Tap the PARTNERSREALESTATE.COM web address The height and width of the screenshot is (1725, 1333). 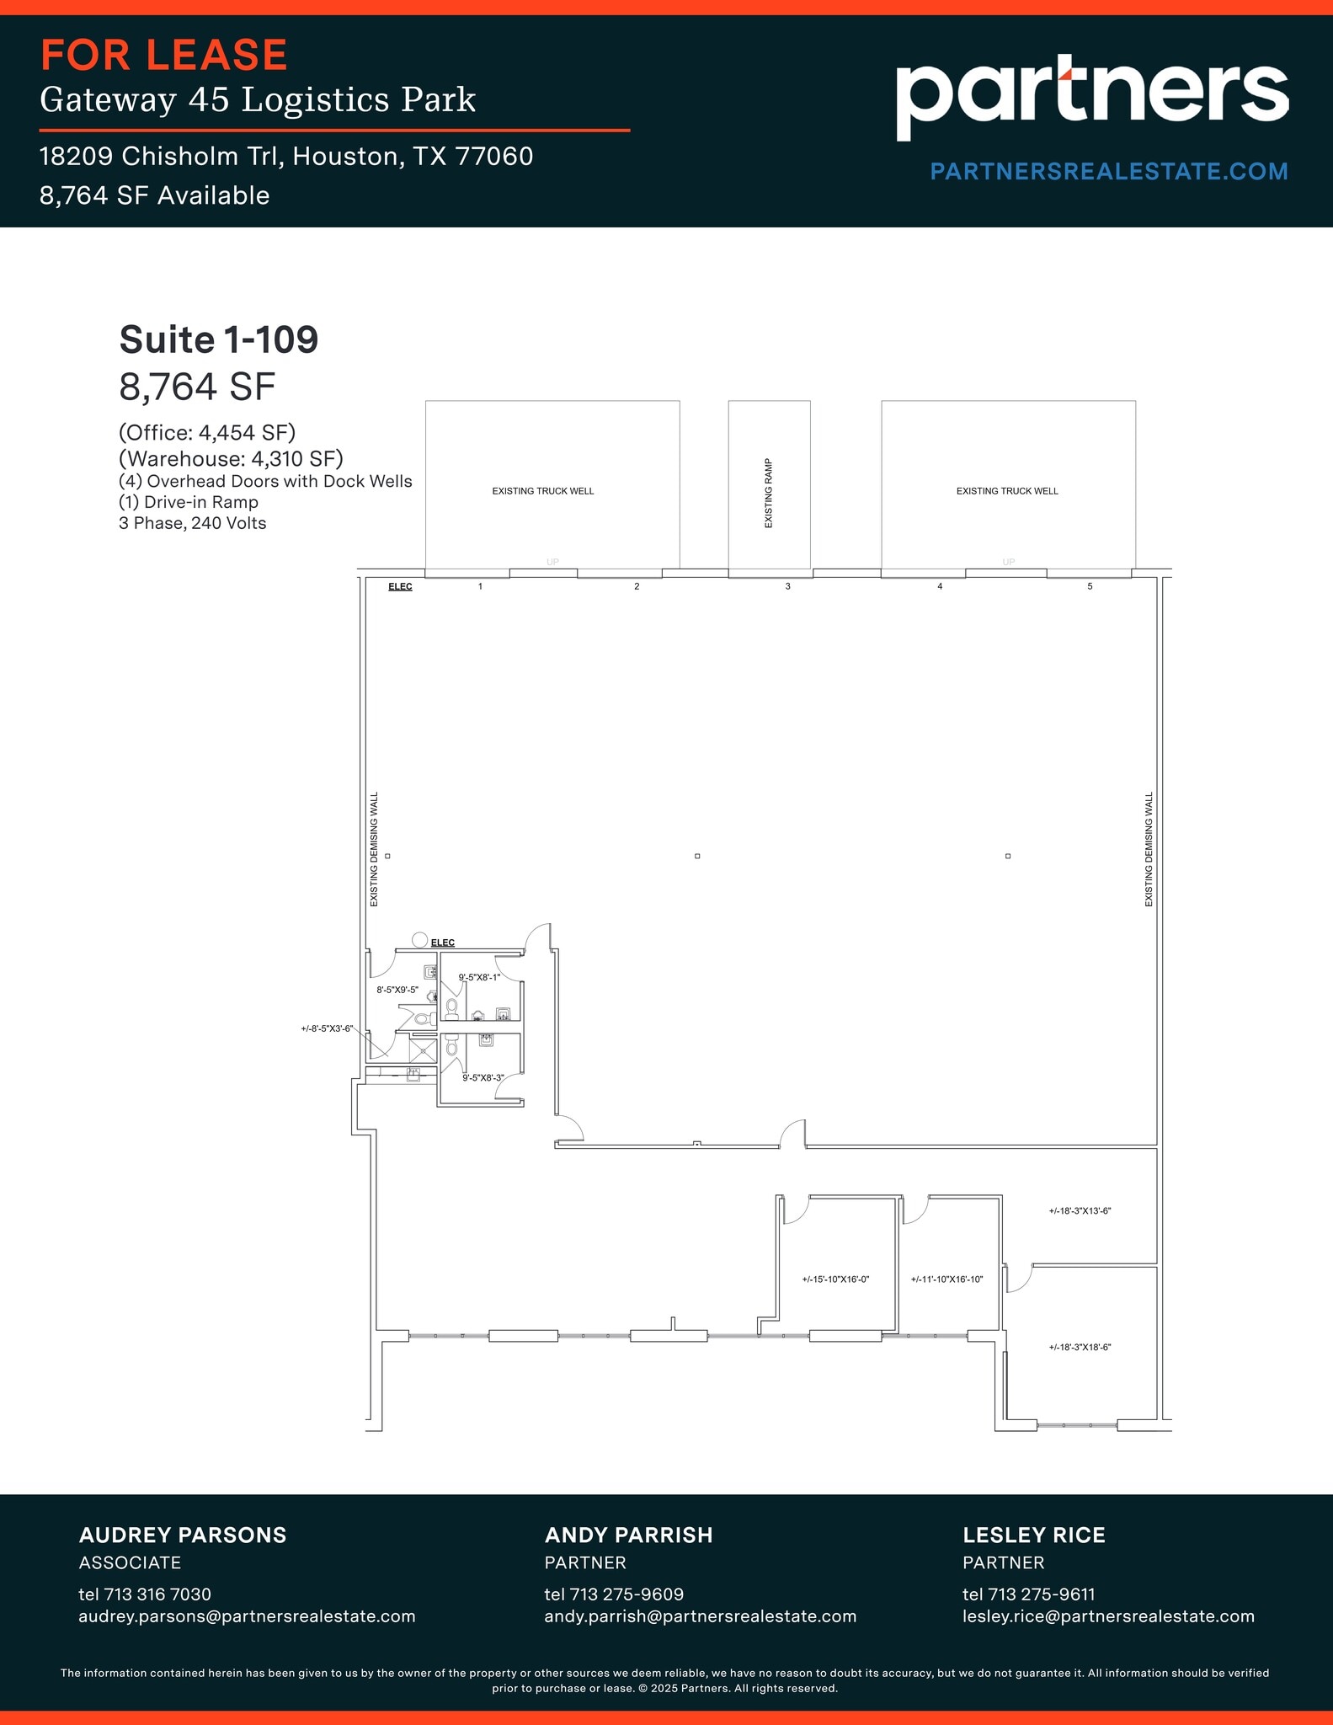pyautogui.click(x=1108, y=172)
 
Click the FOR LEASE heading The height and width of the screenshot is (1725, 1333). pyautogui.click(x=164, y=56)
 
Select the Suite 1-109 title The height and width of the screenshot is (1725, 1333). pyautogui.click(x=219, y=340)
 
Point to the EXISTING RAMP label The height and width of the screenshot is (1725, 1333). pyautogui.click(x=768, y=494)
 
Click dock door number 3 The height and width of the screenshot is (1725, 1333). pyautogui.click(x=787, y=586)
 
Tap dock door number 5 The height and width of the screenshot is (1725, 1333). pyautogui.click(x=1090, y=586)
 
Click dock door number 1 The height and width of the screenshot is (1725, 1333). pyautogui.click(x=480, y=586)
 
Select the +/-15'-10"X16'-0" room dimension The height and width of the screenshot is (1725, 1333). pyautogui.click(x=834, y=1279)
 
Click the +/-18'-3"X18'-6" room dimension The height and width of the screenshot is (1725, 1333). pyautogui.click(x=1080, y=1348)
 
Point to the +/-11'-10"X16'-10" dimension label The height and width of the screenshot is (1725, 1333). pyautogui.click(x=946, y=1279)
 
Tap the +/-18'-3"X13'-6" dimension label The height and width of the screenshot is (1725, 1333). pyautogui.click(x=1080, y=1211)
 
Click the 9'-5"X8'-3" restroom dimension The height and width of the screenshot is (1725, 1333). pyautogui.click(x=483, y=1078)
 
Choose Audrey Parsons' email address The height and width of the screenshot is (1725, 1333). pyautogui.click(x=247, y=1616)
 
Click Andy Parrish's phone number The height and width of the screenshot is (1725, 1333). pyautogui.click(x=614, y=1594)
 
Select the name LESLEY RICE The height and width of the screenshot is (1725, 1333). pyautogui.click(x=1033, y=1535)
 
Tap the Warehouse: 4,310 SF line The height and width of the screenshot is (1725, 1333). pyautogui.click(x=231, y=459)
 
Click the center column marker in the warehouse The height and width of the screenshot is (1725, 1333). pyautogui.click(x=697, y=856)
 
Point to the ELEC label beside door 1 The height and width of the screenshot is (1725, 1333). pyautogui.click(x=400, y=586)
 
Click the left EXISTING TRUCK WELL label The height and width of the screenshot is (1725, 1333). pyautogui.click(x=543, y=491)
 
